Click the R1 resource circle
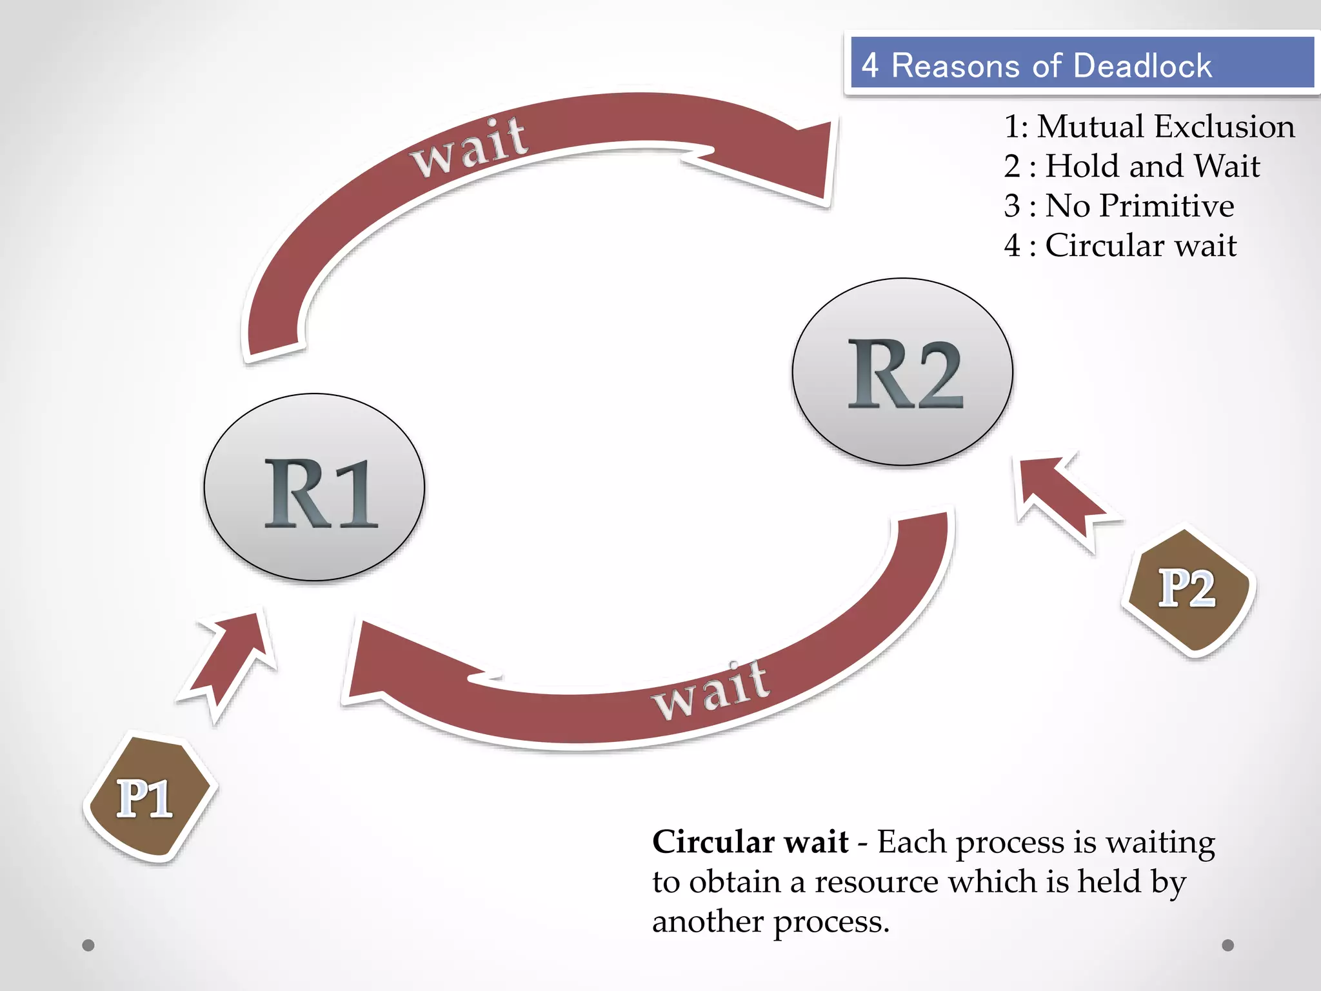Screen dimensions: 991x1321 [x=314, y=487]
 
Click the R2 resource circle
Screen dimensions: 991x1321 [x=902, y=372]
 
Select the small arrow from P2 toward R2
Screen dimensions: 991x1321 [x=1061, y=497]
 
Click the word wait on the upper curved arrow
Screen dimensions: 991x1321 [x=470, y=147]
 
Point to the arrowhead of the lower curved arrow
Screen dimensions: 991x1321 [x=387, y=665]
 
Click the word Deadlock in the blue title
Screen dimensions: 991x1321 [x=1142, y=66]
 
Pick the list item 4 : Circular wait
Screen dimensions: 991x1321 [x=1120, y=245]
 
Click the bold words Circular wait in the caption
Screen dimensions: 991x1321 [x=750, y=842]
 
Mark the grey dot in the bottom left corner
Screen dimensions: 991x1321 [x=88, y=945]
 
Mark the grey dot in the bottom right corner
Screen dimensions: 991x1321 [x=1228, y=945]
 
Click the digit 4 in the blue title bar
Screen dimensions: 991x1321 [x=869, y=66]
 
